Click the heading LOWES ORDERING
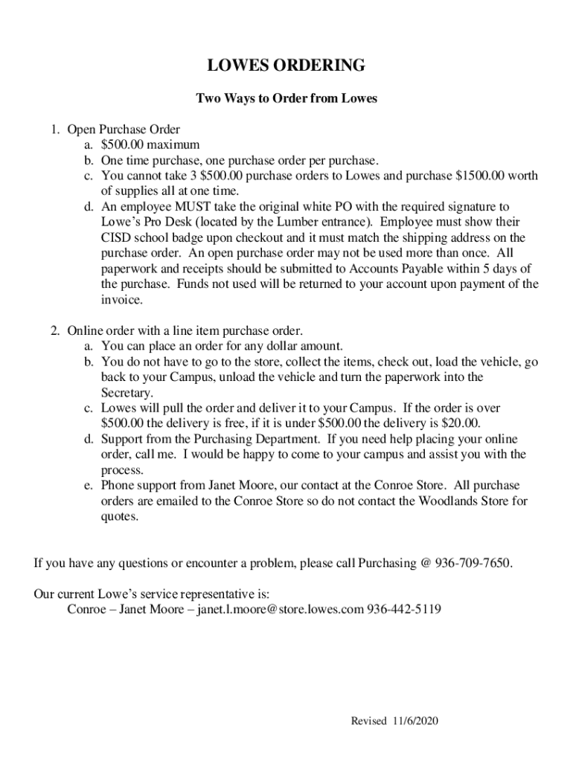286,66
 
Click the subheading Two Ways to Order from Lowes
286,98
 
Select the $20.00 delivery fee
461,423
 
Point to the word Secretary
127,392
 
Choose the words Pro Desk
159,222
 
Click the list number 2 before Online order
55,330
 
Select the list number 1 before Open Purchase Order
55,129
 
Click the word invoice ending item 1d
120,299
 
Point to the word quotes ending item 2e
119,516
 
